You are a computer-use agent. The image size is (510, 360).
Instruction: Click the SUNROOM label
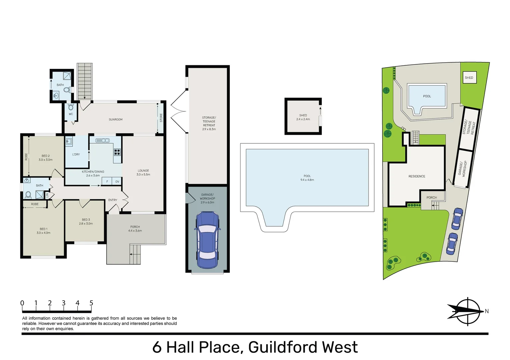click(x=115, y=119)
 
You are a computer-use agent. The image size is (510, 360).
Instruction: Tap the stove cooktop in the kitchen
click(x=117, y=152)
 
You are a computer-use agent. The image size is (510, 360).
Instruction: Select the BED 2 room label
click(x=45, y=156)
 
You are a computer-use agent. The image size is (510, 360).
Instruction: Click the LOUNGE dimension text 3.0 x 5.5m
click(x=143, y=174)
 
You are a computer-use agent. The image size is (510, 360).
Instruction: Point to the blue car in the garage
click(x=207, y=240)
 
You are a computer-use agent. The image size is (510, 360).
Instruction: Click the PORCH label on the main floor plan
click(x=135, y=227)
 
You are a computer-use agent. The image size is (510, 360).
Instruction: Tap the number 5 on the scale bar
click(x=91, y=303)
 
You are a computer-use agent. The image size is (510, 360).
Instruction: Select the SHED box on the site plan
click(x=469, y=78)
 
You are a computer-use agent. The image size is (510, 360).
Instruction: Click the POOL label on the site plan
click(x=427, y=96)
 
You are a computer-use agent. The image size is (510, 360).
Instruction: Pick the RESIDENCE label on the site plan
click(x=417, y=176)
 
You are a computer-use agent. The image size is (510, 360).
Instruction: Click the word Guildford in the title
click(x=283, y=347)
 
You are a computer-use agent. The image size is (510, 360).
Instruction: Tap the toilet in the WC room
click(x=71, y=107)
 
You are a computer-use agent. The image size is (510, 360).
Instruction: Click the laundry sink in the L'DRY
click(x=69, y=142)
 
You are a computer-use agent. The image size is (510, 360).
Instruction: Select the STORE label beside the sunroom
click(x=161, y=118)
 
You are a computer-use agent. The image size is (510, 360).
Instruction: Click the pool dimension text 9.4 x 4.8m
click(x=307, y=180)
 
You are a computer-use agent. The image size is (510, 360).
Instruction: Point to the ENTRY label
click(x=113, y=200)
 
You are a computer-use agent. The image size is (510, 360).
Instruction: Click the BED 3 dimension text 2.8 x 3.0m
click(x=86, y=224)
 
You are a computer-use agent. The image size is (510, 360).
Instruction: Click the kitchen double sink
click(x=103, y=140)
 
